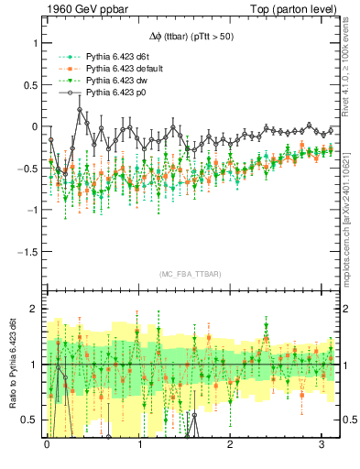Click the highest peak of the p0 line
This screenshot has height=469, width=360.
click(80, 110)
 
